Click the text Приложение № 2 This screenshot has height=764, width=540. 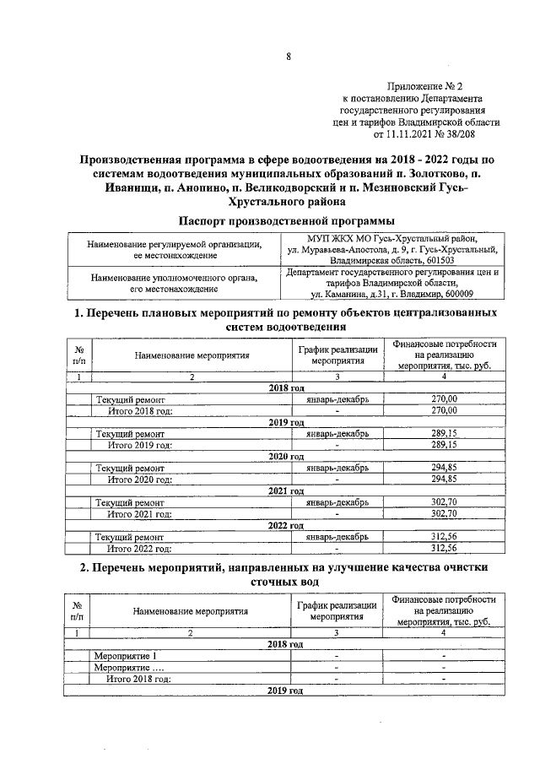425,86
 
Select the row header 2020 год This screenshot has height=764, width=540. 286,457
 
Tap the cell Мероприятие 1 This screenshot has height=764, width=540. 126,656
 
